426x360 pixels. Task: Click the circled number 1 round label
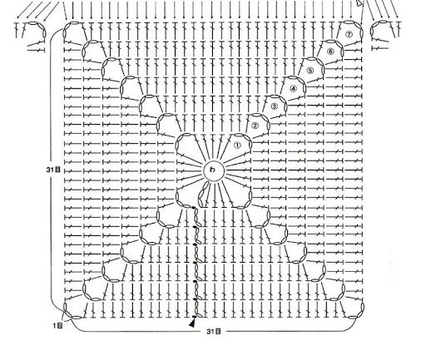(x=237, y=145)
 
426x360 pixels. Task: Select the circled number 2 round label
(x=255, y=126)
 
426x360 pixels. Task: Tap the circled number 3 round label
(x=274, y=106)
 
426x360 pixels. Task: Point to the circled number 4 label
(x=293, y=89)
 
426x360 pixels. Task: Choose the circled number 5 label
(x=310, y=71)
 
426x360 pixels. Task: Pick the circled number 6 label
(x=330, y=52)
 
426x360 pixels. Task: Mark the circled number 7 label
(x=349, y=34)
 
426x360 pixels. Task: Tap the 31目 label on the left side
(x=53, y=170)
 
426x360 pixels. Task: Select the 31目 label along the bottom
(x=214, y=331)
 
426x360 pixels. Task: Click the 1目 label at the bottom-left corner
(x=58, y=325)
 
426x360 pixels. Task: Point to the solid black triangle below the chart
(x=192, y=323)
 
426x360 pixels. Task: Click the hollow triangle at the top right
(x=359, y=3)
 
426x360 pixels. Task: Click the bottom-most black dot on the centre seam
(x=195, y=317)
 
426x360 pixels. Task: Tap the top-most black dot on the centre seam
(x=194, y=207)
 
